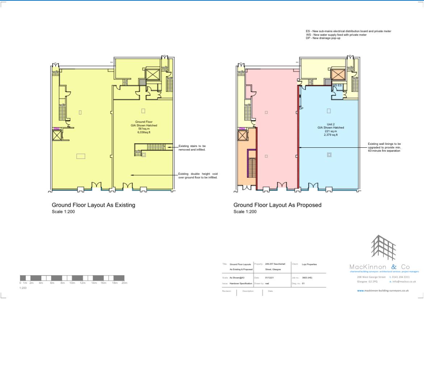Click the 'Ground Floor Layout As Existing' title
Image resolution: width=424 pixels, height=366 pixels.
pyautogui.click(x=93, y=205)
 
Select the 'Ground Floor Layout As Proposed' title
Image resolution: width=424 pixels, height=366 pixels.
pyautogui.click(x=277, y=205)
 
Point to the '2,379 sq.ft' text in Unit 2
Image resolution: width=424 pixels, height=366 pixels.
pyautogui.click(x=331, y=135)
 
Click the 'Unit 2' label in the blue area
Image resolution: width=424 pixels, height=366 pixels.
pyautogui.click(x=331, y=124)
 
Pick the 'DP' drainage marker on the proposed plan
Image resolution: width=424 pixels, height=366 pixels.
pyautogui.click(x=301, y=108)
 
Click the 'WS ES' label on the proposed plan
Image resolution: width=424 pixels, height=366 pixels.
pyautogui.click(x=337, y=85)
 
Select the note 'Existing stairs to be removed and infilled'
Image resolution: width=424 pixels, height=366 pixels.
pyautogui.click(x=192, y=148)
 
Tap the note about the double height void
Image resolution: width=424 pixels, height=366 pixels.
pyautogui.click(x=198, y=176)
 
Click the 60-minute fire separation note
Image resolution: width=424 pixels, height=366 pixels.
pyautogui.click(x=384, y=147)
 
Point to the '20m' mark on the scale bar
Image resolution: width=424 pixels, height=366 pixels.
pyautogui.click(x=124, y=283)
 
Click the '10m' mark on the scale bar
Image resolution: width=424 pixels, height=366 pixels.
pyautogui.click(x=72, y=283)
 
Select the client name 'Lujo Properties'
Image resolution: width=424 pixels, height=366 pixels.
pyautogui.click(x=309, y=264)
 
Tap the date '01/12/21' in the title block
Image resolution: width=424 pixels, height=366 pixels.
pyautogui.click(x=269, y=278)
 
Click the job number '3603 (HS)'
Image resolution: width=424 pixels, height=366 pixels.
pyautogui.click(x=307, y=278)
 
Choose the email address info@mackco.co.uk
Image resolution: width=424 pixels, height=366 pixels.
pyautogui.click(x=404, y=281)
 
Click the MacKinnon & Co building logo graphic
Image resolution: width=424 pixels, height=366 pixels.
pyautogui.click(x=383, y=248)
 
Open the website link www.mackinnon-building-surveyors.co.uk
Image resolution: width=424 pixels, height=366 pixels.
pyautogui.click(x=383, y=290)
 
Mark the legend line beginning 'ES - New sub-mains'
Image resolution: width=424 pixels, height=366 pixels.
pyautogui.click(x=348, y=31)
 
